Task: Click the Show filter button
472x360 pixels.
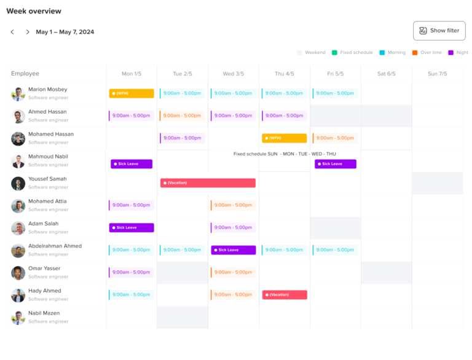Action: click(439, 31)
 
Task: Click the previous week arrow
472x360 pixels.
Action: click(12, 32)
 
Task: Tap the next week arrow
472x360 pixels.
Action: click(28, 32)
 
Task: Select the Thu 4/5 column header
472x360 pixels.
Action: click(284, 74)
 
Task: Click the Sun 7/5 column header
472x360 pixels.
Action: click(437, 74)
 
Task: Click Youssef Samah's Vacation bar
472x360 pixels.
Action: click(208, 183)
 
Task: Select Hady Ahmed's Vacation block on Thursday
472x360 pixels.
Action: click(285, 295)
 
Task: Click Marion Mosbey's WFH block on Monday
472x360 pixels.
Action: click(132, 93)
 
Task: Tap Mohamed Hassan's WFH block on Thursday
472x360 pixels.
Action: click(284, 138)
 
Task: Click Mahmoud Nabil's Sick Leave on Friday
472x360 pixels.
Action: click(336, 164)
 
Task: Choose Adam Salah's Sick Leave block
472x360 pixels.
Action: click(132, 228)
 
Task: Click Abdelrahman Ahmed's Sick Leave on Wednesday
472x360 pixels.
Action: click(234, 250)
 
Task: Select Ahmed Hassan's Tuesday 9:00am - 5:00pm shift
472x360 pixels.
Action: click(183, 115)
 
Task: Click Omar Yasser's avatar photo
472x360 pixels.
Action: click(18, 273)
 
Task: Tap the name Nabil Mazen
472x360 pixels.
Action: click(44, 313)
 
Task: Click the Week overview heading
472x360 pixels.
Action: click(34, 11)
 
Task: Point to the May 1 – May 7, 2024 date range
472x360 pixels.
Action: click(65, 32)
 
